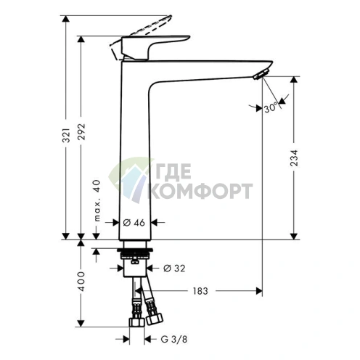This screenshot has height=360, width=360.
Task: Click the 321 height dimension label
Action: coord(66,135)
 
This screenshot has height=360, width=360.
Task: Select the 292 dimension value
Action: coord(82,132)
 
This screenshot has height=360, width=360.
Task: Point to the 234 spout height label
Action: coord(294,158)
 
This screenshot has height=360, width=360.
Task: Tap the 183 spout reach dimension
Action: coord(200,291)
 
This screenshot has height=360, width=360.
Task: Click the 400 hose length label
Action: coord(82,282)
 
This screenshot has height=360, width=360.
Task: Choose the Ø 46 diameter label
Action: coord(134,222)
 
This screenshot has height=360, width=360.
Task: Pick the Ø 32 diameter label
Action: coord(174,268)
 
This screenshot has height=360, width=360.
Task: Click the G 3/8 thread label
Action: coord(174,340)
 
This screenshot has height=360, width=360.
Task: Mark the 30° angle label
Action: coord(271,107)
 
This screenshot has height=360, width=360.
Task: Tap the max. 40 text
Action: coord(97,200)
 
